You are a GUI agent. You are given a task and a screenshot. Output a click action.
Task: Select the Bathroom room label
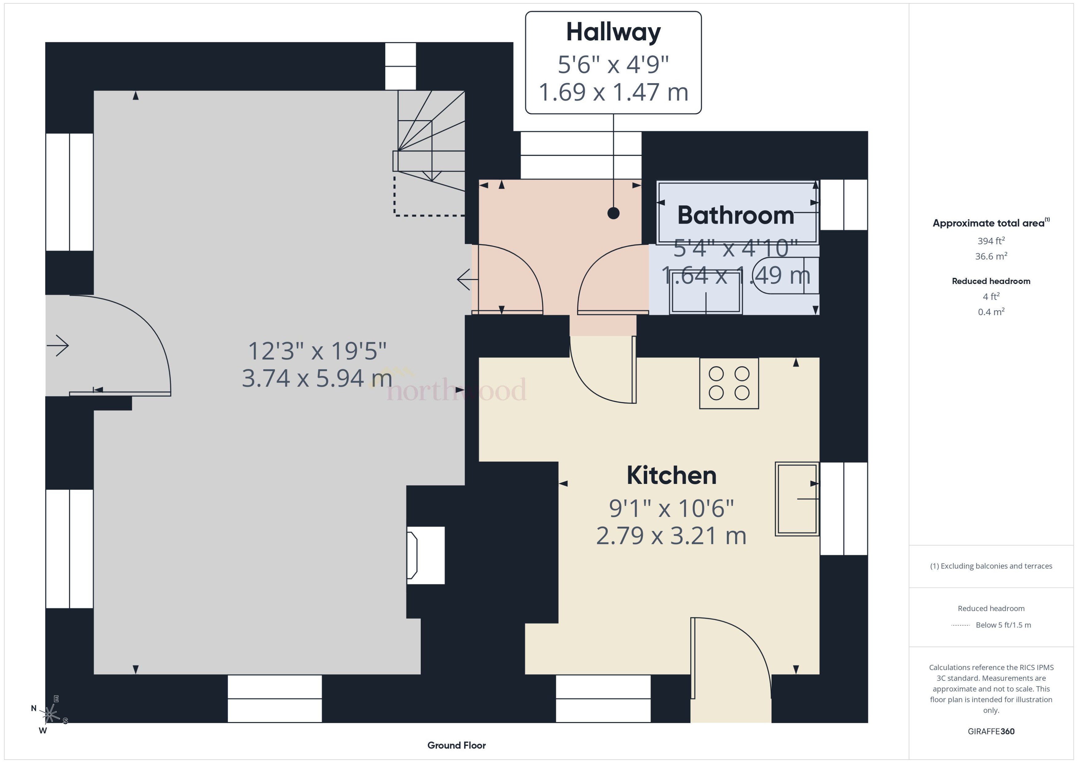point(735,215)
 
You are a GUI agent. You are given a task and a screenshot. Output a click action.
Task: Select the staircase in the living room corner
point(430,141)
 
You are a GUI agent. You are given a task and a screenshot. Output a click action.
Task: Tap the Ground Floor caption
point(456,745)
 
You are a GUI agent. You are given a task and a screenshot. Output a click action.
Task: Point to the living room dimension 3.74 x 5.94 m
point(317,379)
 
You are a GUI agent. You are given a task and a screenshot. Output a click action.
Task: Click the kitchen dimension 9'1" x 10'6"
point(671,508)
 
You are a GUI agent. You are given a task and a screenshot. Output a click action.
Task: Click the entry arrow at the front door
point(58,346)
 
